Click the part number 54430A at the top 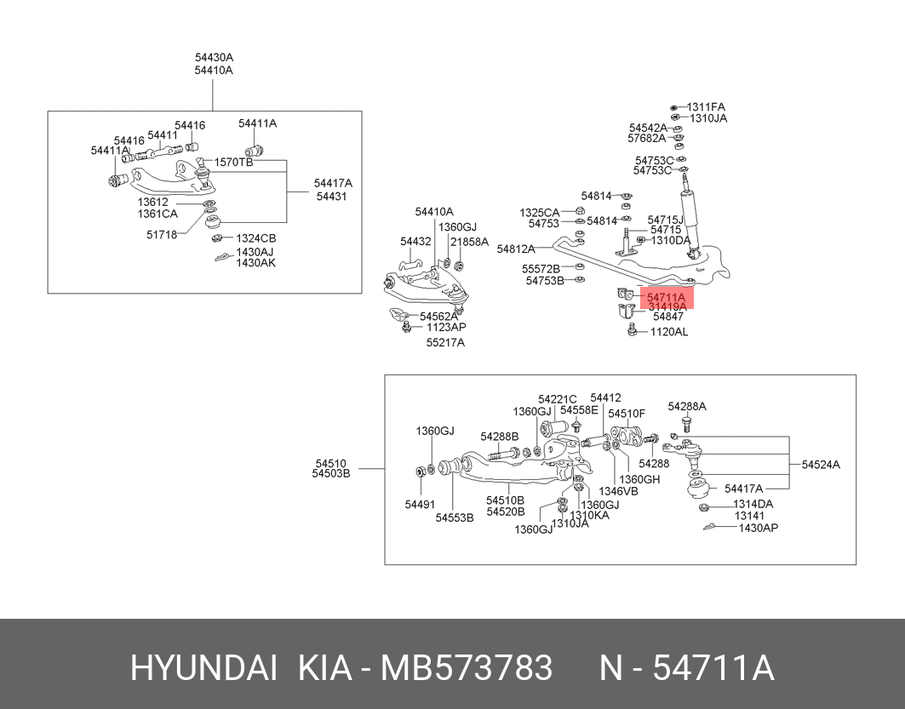214,58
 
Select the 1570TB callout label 233,162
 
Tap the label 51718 162,235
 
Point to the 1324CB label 255,238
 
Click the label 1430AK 255,263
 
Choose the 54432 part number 415,241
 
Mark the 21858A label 469,242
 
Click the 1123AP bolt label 446,327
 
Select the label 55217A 445,343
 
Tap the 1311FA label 706,106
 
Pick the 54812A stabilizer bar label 516,249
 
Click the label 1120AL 669,332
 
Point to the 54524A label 821,465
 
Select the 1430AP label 759,528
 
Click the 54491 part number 420,505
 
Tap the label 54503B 330,474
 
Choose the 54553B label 455,518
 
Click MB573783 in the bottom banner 467,668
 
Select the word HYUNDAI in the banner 203,668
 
